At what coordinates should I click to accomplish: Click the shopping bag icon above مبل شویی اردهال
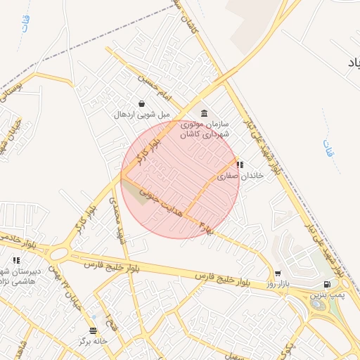(142, 103)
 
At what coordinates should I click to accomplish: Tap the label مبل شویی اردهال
(143, 114)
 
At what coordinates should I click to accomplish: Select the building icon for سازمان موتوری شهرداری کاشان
(204, 113)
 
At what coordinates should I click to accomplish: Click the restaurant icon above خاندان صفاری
(240, 165)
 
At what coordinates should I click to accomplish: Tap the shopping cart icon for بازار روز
(278, 274)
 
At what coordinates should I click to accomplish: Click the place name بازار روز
(278, 284)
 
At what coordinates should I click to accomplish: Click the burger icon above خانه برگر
(94, 330)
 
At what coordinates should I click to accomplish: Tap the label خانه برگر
(94, 341)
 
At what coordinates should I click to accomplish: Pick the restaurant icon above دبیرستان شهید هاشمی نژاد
(16, 261)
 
